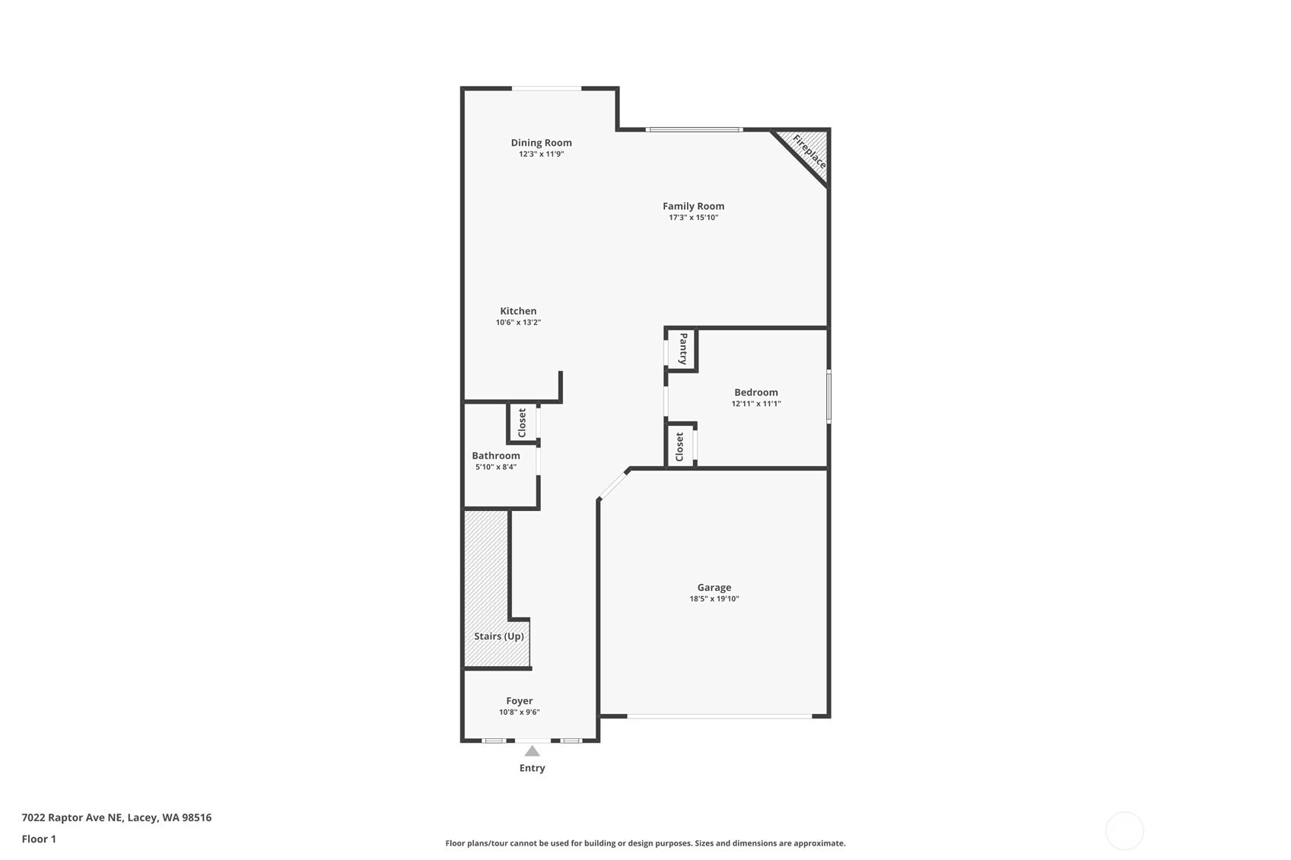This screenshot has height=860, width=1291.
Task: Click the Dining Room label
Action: [x=541, y=143]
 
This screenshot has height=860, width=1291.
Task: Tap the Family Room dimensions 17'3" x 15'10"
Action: [x=693, y=217]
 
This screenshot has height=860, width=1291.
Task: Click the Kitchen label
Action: [x=518, y=311]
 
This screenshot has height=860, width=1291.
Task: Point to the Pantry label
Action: [x=683, y=348]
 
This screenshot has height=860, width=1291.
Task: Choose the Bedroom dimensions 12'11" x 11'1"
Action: [x=756, y=404]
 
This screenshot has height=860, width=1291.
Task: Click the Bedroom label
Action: [x=756, y=392]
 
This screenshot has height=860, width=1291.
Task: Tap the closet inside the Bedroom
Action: [x=680, y=446]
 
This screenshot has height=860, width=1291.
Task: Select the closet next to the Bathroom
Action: [x=522, y=423]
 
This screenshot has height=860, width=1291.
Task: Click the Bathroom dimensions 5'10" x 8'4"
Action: [x=496, y=467]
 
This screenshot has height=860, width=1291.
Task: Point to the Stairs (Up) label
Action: [x=499, y=636]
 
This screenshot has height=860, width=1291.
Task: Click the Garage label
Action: [x=714, y=588]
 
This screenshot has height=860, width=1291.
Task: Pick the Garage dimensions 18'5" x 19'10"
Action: [x=714, y=599]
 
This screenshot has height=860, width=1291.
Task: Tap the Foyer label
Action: [x=520, y=701]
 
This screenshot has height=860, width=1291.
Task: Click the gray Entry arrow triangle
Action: [x=532, y=751]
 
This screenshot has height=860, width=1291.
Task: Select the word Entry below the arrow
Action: [x=532, y=768]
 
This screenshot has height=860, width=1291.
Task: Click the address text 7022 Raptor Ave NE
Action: [x=72, y=817]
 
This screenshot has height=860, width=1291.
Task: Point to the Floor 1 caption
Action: [x=40, y=839]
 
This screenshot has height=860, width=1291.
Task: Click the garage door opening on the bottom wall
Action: [x=720, y=716]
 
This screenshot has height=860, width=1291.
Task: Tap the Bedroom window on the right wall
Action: [x=828, y=396]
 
